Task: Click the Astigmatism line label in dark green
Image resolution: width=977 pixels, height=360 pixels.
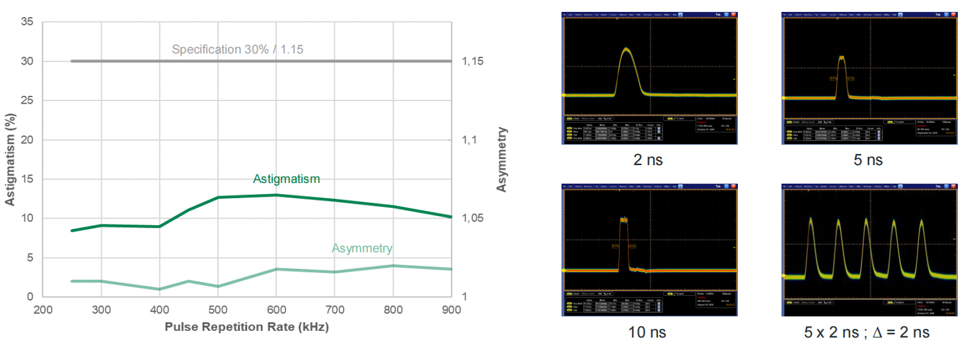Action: pos(286,179)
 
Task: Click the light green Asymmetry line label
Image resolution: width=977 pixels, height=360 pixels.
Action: pos(362,248)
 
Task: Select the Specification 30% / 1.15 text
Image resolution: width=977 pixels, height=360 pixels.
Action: pos(238,49)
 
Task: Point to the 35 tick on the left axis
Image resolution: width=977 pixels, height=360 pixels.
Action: pos(27,22)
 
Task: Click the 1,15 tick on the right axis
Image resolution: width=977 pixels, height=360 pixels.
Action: pos(473,61)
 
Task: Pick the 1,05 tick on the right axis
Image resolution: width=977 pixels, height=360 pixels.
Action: pos(473,219)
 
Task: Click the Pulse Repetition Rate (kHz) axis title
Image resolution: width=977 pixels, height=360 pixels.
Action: pos(246,326)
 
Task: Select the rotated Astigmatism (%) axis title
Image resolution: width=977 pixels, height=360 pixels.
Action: pos(11,160)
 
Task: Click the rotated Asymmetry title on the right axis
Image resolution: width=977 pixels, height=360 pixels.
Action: pos(502,159)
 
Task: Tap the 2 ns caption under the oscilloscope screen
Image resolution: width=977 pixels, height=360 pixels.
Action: pos(647,160)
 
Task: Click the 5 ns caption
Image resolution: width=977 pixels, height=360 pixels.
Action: pos(868,160)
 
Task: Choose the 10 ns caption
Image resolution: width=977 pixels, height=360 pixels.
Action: pos(647,332)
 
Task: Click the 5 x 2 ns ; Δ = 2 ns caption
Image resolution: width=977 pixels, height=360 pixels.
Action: pos(867,332)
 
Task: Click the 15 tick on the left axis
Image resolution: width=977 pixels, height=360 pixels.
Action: pos(27,179)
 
